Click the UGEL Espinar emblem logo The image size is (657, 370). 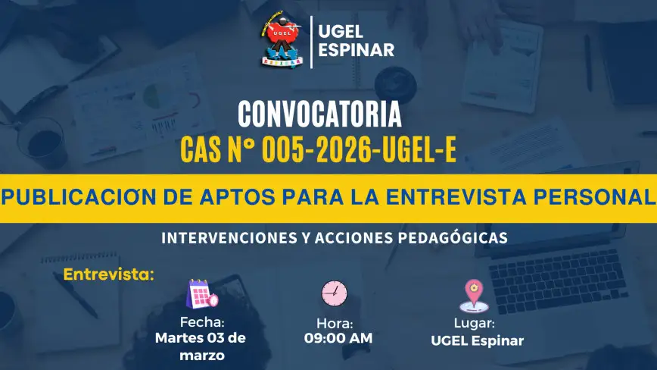[x=282, y=39]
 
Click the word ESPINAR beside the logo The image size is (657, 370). [x=357, y=50]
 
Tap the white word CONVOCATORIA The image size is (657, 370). [x=319, y=114]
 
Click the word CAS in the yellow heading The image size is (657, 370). [x=201, y=150]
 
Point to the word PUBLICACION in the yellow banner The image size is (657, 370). [x=79, y=197]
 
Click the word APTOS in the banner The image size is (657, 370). [x=237, y=197]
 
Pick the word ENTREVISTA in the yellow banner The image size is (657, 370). [x=456, y=197]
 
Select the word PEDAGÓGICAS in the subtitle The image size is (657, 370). [x=453, y=238]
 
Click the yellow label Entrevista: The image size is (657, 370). [x=109, y=274]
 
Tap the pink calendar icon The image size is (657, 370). [x=202, y=293]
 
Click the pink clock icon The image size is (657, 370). [x=335, y=293]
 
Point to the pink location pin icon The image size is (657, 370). [x=474, y=296]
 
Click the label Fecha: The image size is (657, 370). [x=202, y=322]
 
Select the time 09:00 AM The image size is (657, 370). [x=338, y=338]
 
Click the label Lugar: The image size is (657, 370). [x=475, y=324]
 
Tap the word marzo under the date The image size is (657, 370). [x=202, y=356]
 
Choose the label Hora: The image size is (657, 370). [x=335, y=324]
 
